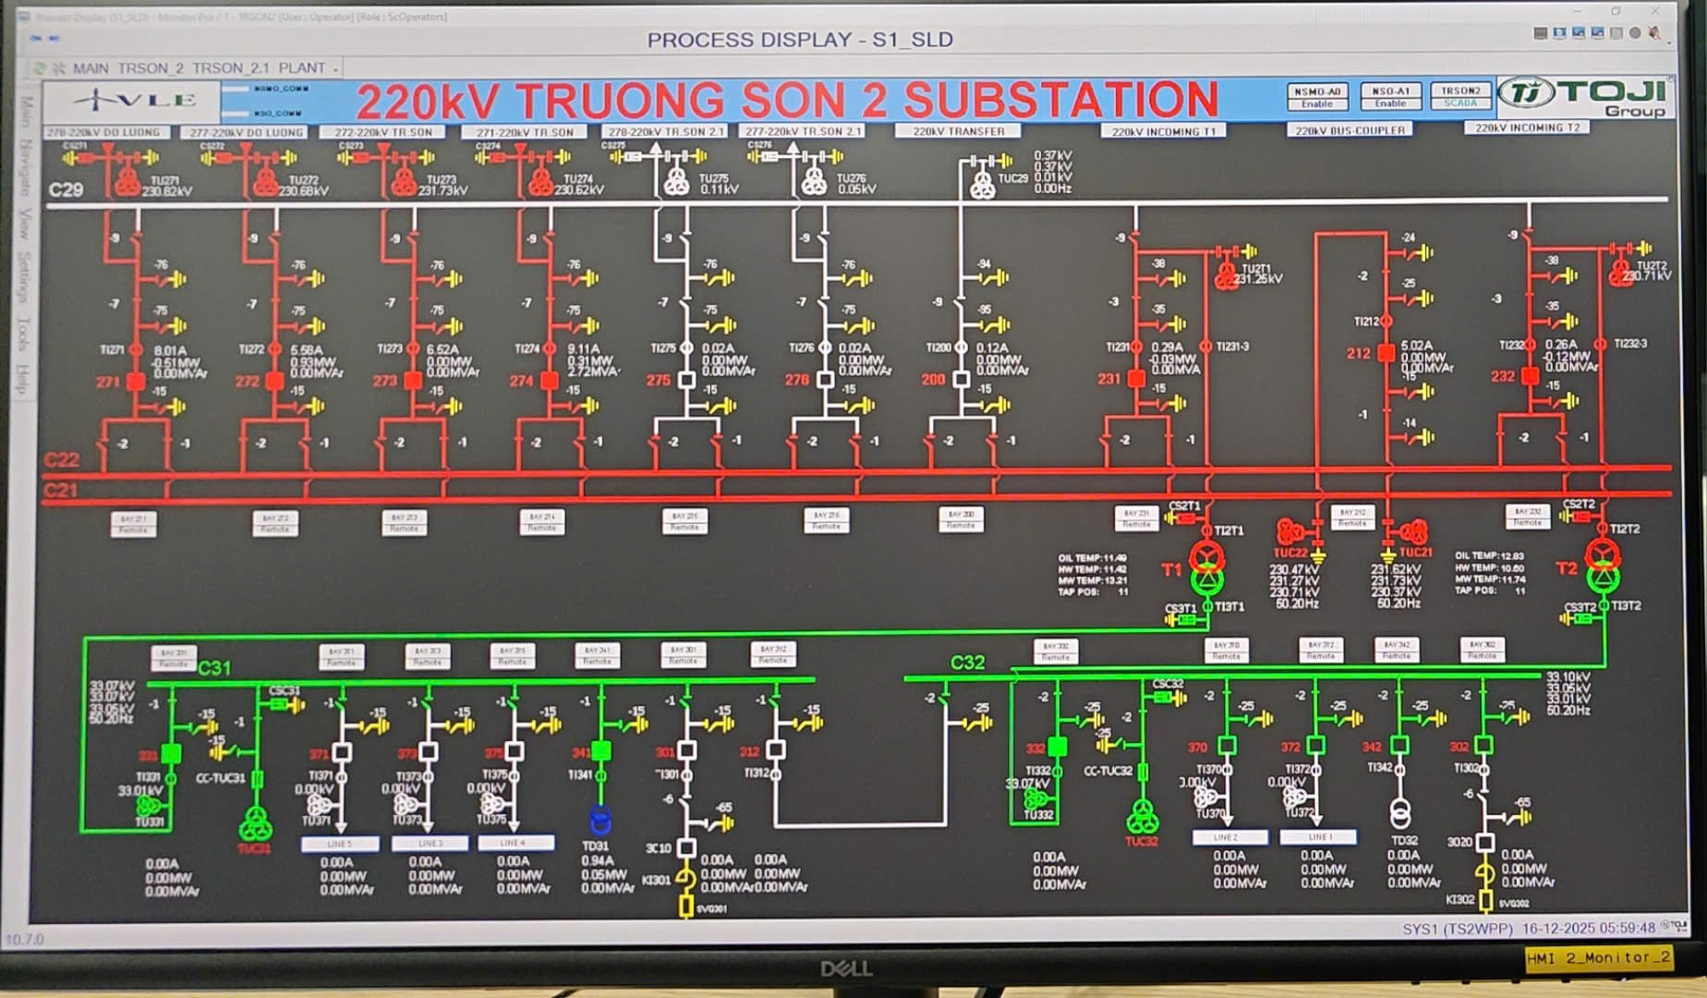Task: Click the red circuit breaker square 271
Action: point(136,381)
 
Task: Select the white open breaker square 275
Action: point(686,379)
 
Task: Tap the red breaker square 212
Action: point(1386,353)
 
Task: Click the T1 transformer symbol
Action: point(1206,568)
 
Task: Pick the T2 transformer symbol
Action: point(1603,566)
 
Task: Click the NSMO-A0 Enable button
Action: point(1316,97)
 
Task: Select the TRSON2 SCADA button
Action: point(1460,96)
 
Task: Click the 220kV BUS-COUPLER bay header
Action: point(1350,130)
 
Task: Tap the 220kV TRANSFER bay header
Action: point(958,131)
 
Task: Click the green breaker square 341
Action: point(601,750)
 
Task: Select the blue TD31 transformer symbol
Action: point(600,819)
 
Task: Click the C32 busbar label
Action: point(967,663)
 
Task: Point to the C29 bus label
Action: point(66,189)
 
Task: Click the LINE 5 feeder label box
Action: point(339,844)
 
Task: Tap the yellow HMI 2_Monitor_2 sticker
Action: point(1598,957)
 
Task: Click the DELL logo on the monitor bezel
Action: point(846,968)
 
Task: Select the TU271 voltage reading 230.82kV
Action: point(167,191)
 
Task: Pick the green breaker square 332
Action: point(1058,746)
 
